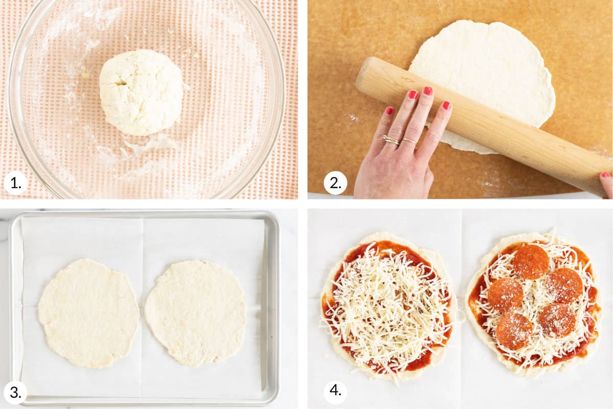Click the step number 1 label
[15, 183]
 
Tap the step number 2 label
[335, 183]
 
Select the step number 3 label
[15, 393]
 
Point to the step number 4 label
[335, 391]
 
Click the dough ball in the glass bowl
[141, 92]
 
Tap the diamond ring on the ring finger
[391, 140]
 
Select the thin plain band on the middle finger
[409, 141]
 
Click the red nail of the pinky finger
[389, 110]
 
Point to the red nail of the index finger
[446, 105]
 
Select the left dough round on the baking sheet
[89, 313]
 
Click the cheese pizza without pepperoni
[389, 306]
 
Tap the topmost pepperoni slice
[531, 262]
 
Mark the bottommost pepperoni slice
[514, 331]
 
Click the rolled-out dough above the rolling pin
[482, 69]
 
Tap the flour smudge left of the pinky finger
[353, 118]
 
